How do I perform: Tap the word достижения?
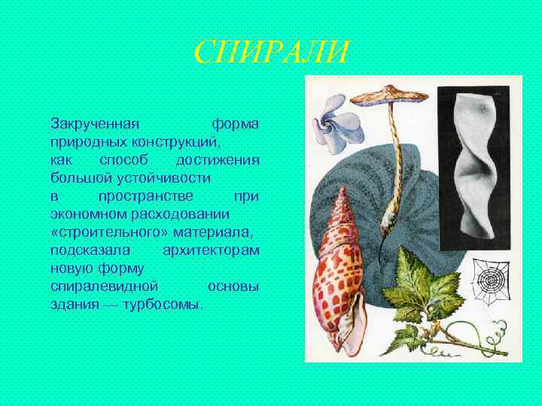[x=218, y=159]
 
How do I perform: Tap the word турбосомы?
[x=166, y=306]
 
